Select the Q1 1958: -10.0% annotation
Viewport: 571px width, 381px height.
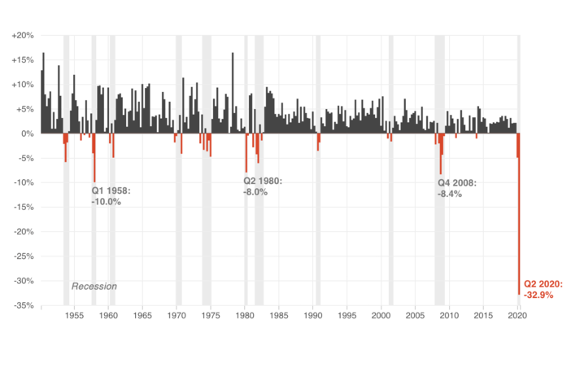coord(111,196)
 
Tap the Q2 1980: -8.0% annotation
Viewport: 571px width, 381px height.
coord(263,186)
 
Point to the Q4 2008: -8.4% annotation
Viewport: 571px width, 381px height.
coord(457,188)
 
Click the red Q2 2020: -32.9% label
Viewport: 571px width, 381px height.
coord(543,290)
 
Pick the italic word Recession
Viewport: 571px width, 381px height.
coord(94,287)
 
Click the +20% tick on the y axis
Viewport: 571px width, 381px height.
coord(23,35)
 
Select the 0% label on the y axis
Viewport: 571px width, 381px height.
coord(27,134)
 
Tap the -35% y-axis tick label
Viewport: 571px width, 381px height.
coord(24,305)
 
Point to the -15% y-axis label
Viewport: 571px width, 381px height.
coord(24,207)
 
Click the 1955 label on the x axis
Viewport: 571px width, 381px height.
coord(74,315)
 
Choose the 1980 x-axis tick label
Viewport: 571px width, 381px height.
coord(245,315)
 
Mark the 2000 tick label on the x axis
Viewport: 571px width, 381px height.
coord(381,315)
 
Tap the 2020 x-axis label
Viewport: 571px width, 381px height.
coord(517,315)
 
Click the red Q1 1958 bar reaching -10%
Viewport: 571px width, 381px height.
coord(94,158)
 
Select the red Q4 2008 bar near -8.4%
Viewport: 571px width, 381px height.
coord(440,154)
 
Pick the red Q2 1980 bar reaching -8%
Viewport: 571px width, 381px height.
coord(246,153)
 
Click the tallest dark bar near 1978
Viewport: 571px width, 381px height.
coord(233,93)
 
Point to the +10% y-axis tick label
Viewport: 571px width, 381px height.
coord(23,85)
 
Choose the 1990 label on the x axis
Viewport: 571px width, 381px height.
coord(313,315)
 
